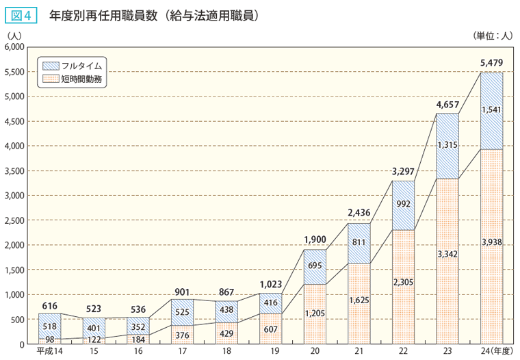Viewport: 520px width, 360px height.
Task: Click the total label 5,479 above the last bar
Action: coord(491,63)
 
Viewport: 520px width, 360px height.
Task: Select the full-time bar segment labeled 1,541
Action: coord(491,110)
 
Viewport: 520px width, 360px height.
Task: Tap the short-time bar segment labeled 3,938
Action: coord(491,242)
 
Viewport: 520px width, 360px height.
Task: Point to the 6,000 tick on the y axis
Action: coord(14,47)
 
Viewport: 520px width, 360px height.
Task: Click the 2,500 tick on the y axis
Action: coord(14,220)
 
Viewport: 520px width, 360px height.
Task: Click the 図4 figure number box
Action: coord(22,14)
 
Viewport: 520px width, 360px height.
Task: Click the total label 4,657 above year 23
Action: coord(447,105)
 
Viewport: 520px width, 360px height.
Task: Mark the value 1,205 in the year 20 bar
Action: coord(315,314)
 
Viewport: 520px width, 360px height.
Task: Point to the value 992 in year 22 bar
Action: coord(403,203)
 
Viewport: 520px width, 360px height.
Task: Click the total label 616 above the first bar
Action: coord(50,305)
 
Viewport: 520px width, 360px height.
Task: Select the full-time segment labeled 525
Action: coord(182,312)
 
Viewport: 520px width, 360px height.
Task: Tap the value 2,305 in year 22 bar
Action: coord(403,281)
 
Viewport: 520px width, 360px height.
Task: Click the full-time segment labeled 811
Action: coord(359,242)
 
